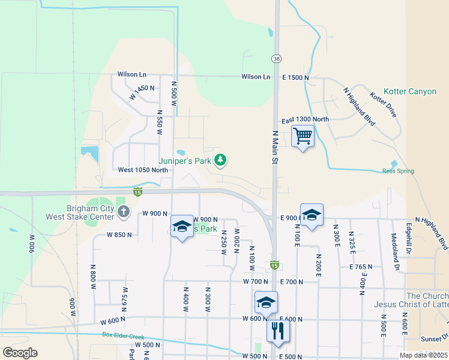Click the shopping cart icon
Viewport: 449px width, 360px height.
303,136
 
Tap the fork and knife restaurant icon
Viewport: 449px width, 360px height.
278,329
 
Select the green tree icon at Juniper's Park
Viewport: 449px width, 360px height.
221,160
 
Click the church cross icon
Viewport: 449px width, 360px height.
123,211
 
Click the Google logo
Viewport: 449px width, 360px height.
20,352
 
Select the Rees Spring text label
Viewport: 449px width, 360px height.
398,171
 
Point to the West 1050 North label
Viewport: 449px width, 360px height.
143,170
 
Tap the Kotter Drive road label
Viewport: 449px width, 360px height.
384,104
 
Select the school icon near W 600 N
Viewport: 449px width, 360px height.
266,302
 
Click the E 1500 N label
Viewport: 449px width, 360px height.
295,77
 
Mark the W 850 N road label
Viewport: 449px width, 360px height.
119,235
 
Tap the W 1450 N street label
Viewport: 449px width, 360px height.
142,92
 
